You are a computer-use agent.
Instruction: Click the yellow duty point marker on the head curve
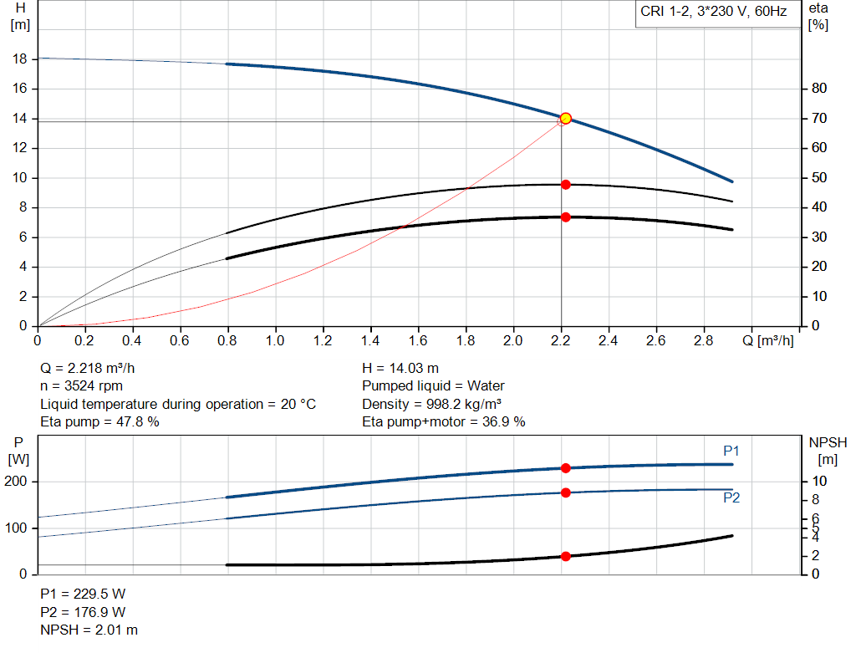(x=565, y=119)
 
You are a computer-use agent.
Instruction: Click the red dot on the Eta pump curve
(x=565, y=184)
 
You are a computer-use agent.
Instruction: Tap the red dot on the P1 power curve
(x=565, y=468)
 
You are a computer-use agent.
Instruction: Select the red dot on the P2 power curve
(x=565, y=492)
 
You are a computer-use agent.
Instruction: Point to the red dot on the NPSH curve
(x=565, y=556)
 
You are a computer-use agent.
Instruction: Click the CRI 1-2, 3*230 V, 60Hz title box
(x=714, y=13)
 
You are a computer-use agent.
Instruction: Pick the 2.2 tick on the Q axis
(x=561, y=341)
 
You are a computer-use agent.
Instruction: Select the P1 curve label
(x=731, y=451)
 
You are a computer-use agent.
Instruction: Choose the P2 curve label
(x=731, y=497)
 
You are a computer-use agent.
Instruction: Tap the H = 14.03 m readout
(x=400, y=368)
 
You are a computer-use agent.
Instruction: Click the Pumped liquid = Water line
(x=433, y=386)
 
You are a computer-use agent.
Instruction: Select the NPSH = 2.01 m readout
(x=89, y=630)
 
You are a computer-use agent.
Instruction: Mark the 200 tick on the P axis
(x=19, y=482)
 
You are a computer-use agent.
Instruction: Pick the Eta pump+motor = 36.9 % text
(x=443, y=422)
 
